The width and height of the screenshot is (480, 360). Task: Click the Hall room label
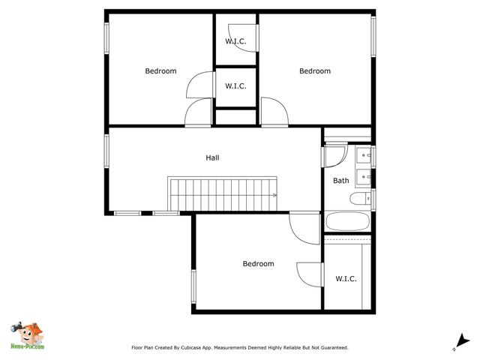(212, 158)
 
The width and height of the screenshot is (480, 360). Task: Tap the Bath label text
(341, 180)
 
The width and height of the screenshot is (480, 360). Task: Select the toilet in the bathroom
(359, 199)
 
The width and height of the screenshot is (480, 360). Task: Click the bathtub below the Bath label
(346, 223)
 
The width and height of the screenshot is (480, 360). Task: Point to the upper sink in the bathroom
(364, 156)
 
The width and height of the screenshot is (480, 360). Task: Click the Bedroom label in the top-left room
(160, 71)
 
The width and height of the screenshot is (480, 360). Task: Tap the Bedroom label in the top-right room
(315, 71)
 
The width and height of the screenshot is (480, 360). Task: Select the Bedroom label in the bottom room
(258, 264)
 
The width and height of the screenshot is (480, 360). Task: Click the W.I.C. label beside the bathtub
(346, 279)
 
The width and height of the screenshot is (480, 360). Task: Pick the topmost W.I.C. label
(235, 41)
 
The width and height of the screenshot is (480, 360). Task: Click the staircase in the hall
(223, 194)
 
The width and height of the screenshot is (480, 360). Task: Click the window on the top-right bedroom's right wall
(373, 36)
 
